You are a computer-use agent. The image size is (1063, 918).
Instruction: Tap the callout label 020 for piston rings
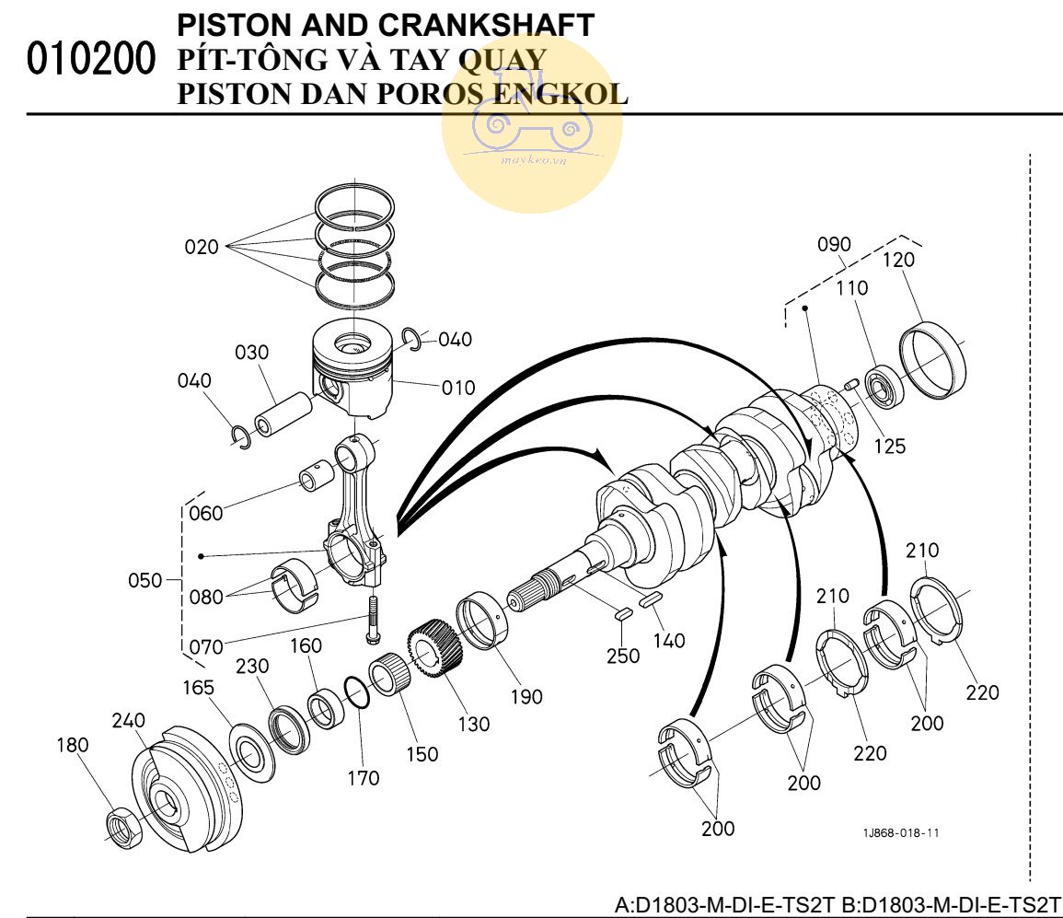(x=202, y=247)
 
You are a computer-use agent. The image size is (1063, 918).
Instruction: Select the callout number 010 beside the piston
(x=457, y=387)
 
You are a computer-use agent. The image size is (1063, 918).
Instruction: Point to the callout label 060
(x=205, y=513)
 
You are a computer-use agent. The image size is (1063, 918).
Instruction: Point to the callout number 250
(x=622, y=656)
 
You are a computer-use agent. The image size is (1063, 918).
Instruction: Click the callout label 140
(x=668, y=640)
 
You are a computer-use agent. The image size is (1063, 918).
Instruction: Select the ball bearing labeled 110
(x=883, y=385)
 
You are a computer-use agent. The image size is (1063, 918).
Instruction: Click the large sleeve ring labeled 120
(x=933, y=363)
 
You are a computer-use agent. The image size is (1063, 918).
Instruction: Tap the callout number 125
(x=890, y=447)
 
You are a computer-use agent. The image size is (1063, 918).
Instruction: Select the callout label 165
(x=198, y=687)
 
